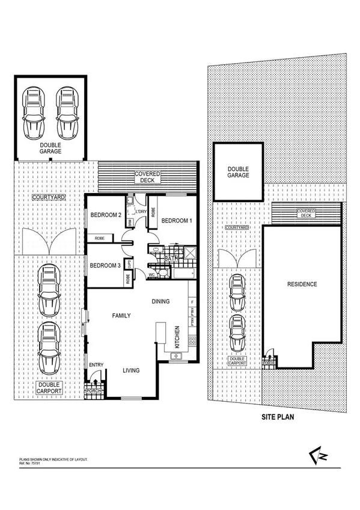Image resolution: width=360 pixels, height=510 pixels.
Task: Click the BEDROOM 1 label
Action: point(177,220)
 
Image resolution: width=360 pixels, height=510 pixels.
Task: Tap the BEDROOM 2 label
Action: point(106,215)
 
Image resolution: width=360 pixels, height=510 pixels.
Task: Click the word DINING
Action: point(160,301)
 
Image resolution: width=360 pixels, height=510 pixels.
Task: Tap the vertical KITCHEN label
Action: point(177,337)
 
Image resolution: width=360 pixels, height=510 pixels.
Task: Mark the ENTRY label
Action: point(96,364)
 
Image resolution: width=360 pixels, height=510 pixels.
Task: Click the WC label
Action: point(151,274)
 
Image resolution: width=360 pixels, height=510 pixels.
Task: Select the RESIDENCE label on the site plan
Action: point(302,284)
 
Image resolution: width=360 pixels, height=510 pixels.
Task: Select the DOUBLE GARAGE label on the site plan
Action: point(239,171)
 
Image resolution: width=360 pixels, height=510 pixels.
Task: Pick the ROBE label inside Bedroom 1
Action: point(153,212)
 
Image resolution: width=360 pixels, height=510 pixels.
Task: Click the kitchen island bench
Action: point(160,333)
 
